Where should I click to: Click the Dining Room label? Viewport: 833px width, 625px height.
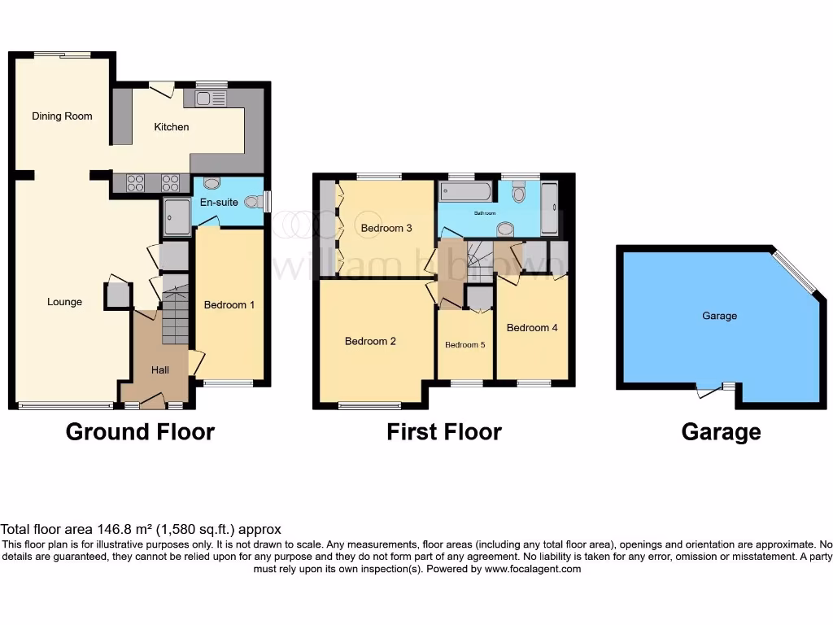pos(62,116)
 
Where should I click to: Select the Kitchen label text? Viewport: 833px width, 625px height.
pos(172,127)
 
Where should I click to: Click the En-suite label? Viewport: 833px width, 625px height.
pos(219,201)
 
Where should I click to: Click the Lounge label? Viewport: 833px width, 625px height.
pos(64,302)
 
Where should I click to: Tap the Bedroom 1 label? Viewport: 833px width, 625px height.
pos(229,305)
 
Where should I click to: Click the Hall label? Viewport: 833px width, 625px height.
pos(160,370)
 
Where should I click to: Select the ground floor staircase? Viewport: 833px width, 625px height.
pos(175,317)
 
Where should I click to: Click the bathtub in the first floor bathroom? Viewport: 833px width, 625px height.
pos(465,193)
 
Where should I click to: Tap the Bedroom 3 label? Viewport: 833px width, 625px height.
pos(386,229)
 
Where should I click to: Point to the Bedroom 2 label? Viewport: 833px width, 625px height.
pos(370,342)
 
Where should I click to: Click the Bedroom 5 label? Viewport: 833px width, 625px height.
pos(464,345)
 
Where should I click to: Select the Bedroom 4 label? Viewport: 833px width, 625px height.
pos(532,328)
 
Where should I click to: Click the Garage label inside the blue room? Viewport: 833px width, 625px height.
pos(720,316)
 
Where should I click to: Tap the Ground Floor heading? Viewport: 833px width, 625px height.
pos(140,432)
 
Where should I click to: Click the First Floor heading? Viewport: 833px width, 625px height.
pos(444,432)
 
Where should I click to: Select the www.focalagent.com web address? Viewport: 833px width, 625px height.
pos(533,570)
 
